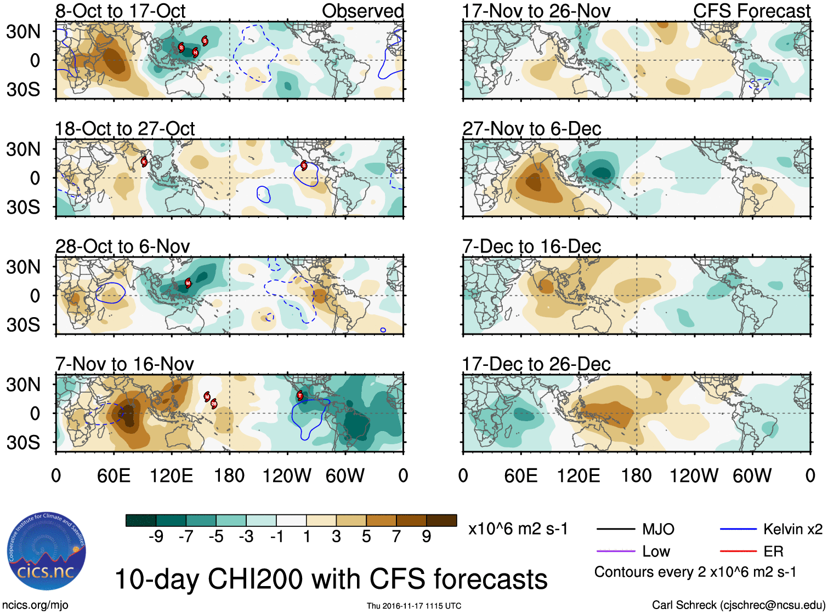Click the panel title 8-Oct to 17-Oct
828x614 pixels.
[x=121, y=11]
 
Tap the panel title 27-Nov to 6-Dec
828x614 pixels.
[x=531, y=129]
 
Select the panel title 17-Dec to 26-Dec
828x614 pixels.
[x=536, y=364]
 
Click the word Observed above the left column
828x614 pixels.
[x=362, y=11]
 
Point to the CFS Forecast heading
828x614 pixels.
[x=751, y=11]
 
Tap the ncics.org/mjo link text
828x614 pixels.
[x=35, y=605]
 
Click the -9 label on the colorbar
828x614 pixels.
[x=156, y=537]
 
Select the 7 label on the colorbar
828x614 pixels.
[x=396, y=537]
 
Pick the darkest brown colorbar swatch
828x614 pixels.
[x=441, y=520]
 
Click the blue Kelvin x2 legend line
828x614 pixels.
[x=738, y=529]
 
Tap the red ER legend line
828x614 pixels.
[x=738, y=551]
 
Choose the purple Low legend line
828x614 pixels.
[x=615, y=551]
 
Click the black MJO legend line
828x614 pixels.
[x=615, y=529]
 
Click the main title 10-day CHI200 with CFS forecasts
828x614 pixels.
[x=331, y=579]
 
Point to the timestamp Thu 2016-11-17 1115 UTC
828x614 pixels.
[x=414, y=606]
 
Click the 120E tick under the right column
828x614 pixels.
[x=579, y=475]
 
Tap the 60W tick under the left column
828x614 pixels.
[x=345, y=475]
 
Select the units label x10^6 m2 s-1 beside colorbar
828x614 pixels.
[x=518, y=529]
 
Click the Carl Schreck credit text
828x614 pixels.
[x=738, y=605]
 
